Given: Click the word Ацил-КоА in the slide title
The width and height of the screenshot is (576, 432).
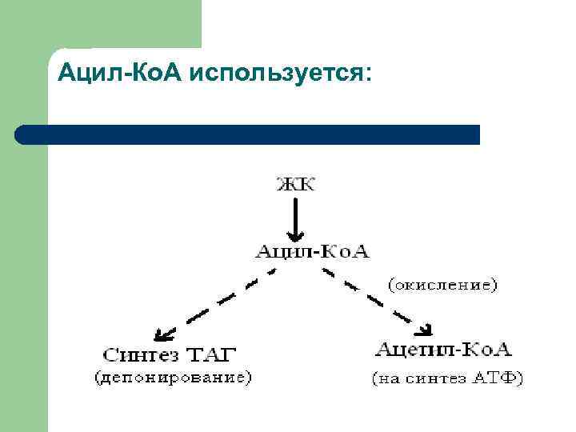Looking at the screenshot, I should (x=120, y=74).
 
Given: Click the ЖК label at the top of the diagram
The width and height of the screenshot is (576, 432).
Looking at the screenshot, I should (x=296, y=185).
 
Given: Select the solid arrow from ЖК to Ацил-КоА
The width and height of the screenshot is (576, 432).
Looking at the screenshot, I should (x=296, y=218).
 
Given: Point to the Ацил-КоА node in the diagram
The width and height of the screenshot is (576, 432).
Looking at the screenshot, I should (x=312, y=251).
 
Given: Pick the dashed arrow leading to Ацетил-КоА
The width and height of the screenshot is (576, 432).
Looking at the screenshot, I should (x=376, y=300).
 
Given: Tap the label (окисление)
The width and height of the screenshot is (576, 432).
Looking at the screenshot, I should (x=442, y=283).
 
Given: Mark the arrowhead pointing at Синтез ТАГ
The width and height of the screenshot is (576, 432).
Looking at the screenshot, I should (x=162, y=334).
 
